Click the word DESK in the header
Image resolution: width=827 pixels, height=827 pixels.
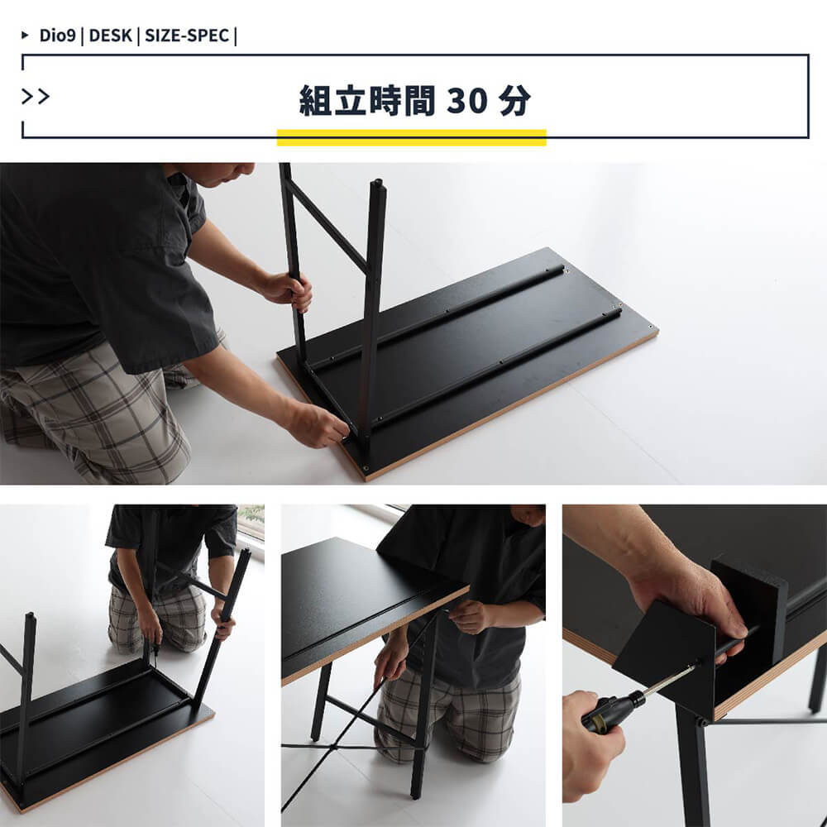click(x=110, y=36)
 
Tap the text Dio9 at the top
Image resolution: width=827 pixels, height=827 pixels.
click(x=58, y=36)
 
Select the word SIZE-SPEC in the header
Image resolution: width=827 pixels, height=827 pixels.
click(x=187, y=36)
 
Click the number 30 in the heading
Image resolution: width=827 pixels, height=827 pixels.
click(x=466, y=100)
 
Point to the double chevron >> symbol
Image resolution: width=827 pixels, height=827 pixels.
click(x=36, y=97)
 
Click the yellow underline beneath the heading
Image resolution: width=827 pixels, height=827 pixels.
click(x=411, y=137)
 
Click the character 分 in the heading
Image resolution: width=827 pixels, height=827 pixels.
click(x=514, y=100)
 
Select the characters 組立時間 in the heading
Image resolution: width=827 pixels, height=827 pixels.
click(x=367, y=100)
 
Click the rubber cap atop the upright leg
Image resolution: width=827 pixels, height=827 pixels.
click(x=378, y=185)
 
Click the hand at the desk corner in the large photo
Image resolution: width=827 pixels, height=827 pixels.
click(x=317, y=424)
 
